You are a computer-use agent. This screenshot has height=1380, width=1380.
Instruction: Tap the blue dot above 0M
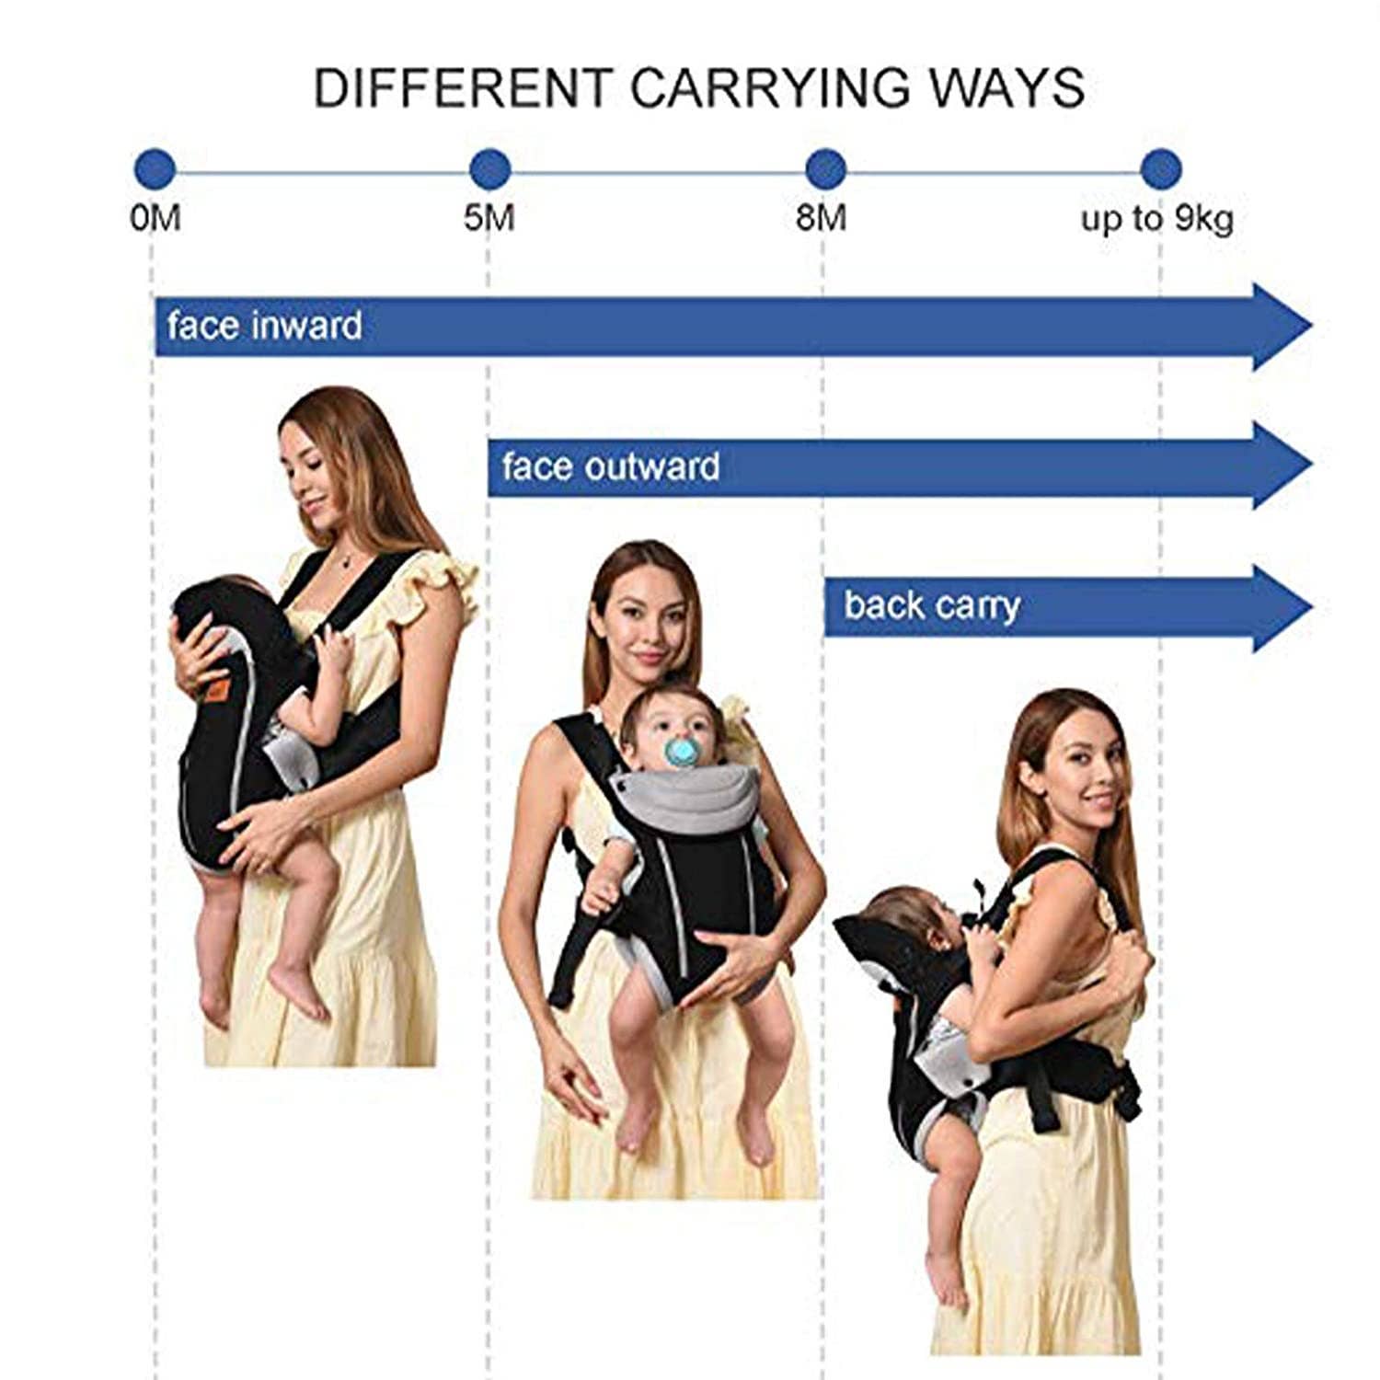[154, 169]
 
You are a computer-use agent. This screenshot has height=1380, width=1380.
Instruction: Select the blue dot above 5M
[489, 169]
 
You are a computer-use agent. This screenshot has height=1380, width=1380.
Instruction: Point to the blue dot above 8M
[825, 169]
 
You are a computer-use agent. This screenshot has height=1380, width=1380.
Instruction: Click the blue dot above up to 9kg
[1160, 169]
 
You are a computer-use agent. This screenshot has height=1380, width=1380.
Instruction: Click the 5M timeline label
[489, 219]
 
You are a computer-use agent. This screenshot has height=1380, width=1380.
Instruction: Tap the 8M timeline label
[822, 219]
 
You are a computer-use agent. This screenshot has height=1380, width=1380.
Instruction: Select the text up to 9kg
[1156, 219]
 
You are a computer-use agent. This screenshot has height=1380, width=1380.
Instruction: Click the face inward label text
[264, 327]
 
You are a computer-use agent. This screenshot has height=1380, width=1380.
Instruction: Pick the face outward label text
[611, 466]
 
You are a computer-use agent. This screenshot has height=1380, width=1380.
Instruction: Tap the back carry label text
[932, 606]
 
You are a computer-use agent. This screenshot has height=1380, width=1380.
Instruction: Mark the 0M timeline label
[155, 219]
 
